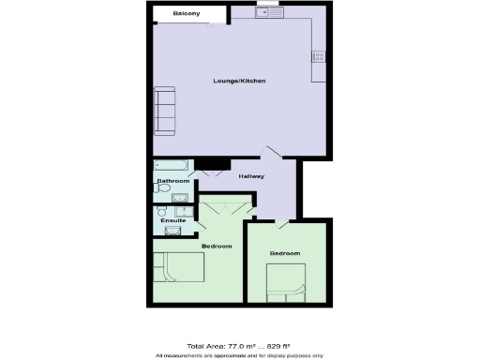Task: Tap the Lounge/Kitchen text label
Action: (x=239, y=82)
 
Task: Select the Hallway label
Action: (x=251, y=176)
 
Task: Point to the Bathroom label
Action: (x=173, y=180)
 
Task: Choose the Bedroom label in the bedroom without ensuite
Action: (x=285, y=254)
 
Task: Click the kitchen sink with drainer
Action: (x=268, y=12)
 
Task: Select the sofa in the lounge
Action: (x=165, y=110)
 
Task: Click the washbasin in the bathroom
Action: (x=179, y=197)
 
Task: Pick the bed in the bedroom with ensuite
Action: (x=179, y=267)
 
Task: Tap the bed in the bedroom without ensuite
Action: (x=287, y=280)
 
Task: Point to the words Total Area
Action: (x=205, y=346)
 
